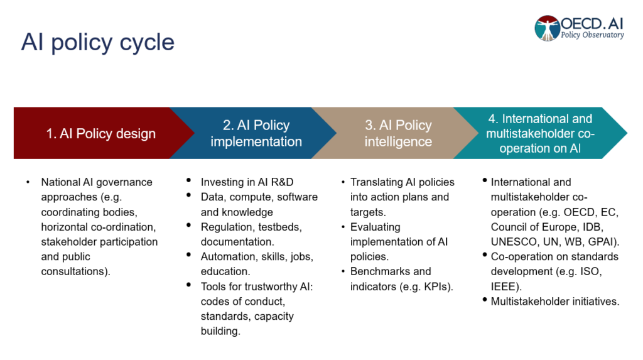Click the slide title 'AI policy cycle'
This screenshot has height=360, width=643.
pyautogui.click(x=97, y=42)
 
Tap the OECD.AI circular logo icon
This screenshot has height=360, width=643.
pyautogui.click(x=547, y=28)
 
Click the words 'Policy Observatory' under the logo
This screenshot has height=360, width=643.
pyautogui.click(x=592, y=36)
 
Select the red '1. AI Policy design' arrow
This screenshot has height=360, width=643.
pyautogui.click(x=100, y=133)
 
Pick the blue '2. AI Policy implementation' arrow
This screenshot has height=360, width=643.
pyautogui.click(x=256, y=133)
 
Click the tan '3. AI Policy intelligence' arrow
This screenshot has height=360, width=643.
pyautogui.click(x=398, y=133)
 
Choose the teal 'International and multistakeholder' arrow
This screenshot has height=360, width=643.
pyautogui.click(x=540, y=133)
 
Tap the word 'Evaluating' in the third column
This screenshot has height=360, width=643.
pyautogui.click(x=375, y=227)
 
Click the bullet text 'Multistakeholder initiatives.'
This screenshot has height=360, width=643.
pyautogui.click(x=555, y=301)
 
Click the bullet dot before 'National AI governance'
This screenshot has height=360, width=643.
pyautogui.click(x=28, y=182)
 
